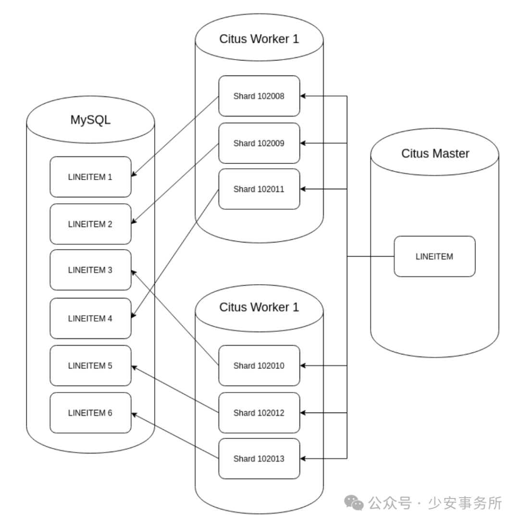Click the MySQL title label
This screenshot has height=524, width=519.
pyautogui.click(x=90, y=120)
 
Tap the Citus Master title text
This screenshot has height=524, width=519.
pyautogui.click(x=435, y=154)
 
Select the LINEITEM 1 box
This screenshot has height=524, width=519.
pyautogui.click(x=90, y=177)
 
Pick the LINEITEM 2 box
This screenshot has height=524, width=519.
pyautogui.click(x=90, y=224)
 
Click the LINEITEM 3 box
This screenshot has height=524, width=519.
pyautogui.click(x=90, y=270)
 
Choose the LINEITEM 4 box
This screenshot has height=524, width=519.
pyautogui.click(x=90, y=318)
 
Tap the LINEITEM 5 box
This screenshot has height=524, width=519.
pyautogui.click(x=90, y=366)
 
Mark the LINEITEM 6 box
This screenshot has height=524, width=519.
pyautogui.click(x=90, y=413)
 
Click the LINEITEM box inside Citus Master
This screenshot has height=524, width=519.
pyautogui.click(x=434, y=256)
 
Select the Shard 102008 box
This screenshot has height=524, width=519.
pyautogui.click(x=259, y=96)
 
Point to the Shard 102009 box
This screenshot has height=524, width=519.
pyautogui.click(x=259, y=143)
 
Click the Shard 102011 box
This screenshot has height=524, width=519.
pyautogui.click(x=259, y=189)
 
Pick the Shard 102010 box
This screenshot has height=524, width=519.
pyautogui.click(x=259, y=366)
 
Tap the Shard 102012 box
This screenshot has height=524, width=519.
pyautogui.click(x=259, y=413)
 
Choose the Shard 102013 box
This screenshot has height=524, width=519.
pyautogui.click(x=259, y=459)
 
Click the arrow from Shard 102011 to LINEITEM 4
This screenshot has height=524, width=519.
pyautogui.click(x=175, y=254)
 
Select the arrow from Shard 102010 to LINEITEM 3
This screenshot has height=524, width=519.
pyautogui.click(x=175, y=318)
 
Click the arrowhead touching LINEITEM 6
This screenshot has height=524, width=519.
pyautogui.click(x=135, y=414)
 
